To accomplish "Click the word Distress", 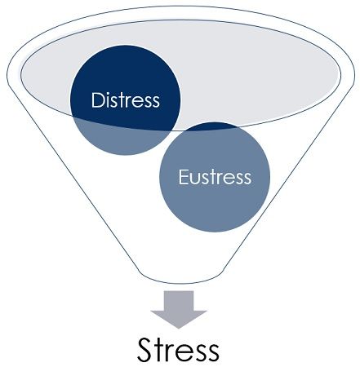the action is (x=126, y=100).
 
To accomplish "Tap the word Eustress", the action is (x=215, y=177).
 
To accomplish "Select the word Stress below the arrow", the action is (x=178, y=349).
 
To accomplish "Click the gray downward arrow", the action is (x=179, y=310).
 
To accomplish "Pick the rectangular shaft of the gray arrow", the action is (x=179, y=301).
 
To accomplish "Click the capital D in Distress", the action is (x=98, y=100).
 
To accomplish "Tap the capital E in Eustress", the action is (x=184, y=177).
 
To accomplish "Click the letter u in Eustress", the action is (x=196, y=179).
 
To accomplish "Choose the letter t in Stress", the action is (x=160, y=351).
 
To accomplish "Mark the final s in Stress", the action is (x=212, y=353).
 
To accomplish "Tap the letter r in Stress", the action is (x=172, y=353).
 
